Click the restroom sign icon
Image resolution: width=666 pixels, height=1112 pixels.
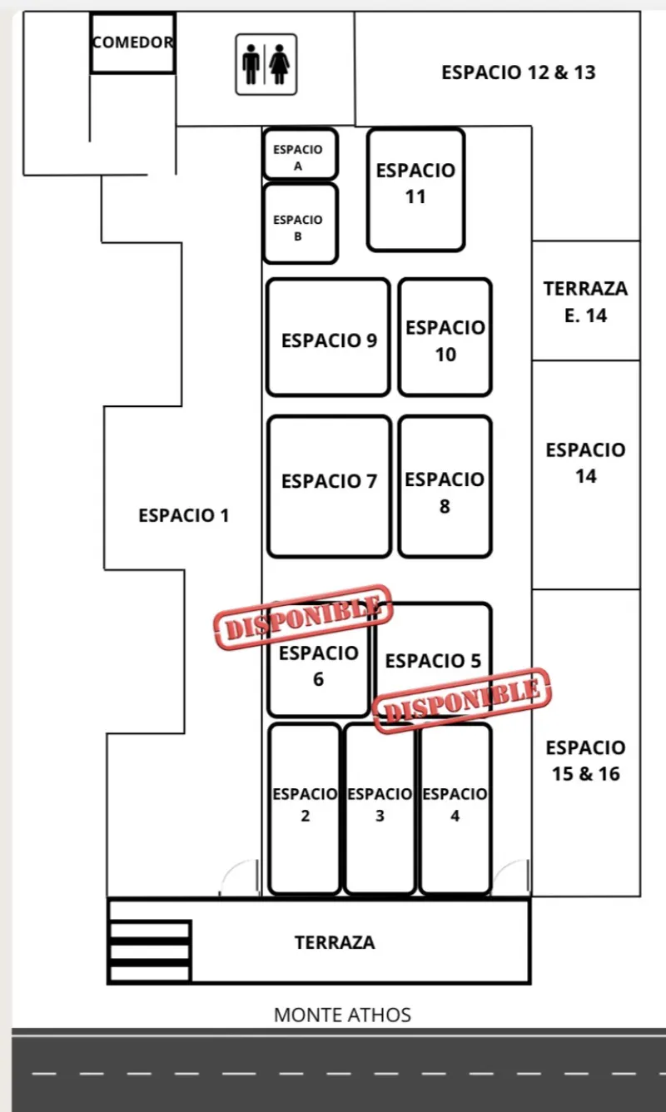(266, 65)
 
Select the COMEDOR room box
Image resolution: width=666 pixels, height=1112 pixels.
(132, 43)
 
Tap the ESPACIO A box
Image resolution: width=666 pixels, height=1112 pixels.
(301, 153)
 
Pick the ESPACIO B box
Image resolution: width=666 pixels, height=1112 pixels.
(301, 223)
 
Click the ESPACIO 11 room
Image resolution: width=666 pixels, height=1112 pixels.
(415, 189)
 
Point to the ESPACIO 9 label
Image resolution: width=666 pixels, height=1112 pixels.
(330, 340)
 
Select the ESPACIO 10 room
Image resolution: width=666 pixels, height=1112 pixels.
(445, 337)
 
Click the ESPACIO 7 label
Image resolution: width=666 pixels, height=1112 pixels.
(330, 481)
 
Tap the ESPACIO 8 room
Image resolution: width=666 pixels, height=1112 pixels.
(445, 486)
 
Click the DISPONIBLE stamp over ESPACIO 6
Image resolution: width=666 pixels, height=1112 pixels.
(303, 617)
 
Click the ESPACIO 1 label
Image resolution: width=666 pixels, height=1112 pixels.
(184, 515)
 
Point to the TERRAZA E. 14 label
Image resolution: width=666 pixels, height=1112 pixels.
(585, 302)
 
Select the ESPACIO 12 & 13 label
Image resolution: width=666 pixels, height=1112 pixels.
(519, 72)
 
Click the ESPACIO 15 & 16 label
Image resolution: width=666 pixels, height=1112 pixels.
(585, 761)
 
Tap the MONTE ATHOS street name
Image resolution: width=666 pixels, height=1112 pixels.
(343, 1015)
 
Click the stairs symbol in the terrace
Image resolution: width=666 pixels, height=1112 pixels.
(150, 951)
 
